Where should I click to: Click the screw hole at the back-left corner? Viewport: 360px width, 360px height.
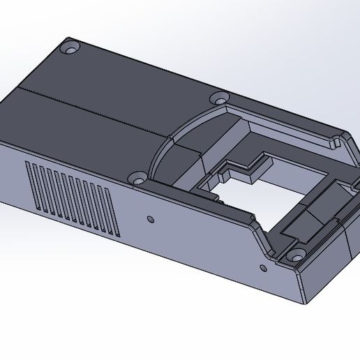click(x=70, y=50)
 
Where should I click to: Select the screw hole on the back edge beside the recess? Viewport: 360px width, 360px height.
click(x=219, y=98)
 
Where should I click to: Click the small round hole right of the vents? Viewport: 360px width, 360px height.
click(x=149, y=219)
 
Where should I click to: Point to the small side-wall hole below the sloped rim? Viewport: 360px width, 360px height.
click(x=264, y=267)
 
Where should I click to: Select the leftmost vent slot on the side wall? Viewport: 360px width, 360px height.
click(x=29, y=186)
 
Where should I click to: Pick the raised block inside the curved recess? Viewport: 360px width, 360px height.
click(x=186, y=157)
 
